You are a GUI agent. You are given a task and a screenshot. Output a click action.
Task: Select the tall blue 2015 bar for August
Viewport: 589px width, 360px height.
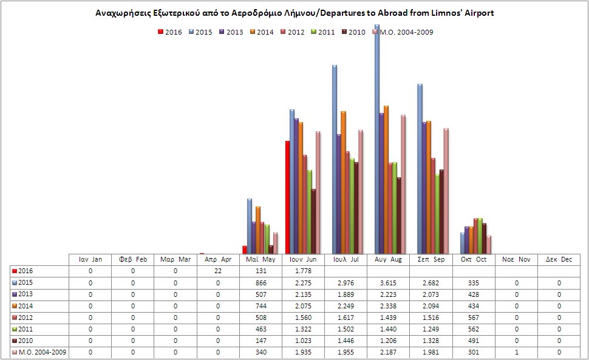point(377,140)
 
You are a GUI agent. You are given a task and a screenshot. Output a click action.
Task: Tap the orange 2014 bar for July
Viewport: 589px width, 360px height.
point(343,182)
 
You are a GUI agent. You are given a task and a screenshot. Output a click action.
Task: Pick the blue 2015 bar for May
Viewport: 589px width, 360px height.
point(250,226)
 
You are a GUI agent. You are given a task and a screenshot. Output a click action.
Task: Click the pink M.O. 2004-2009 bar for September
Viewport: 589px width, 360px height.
point(446,191)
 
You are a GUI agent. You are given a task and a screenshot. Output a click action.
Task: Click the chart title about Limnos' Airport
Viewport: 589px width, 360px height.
point(294,13)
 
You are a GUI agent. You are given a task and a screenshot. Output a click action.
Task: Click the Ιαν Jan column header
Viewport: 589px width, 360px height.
point(90,260)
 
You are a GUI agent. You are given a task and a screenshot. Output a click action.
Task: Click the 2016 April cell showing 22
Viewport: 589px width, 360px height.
point(218,271)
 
